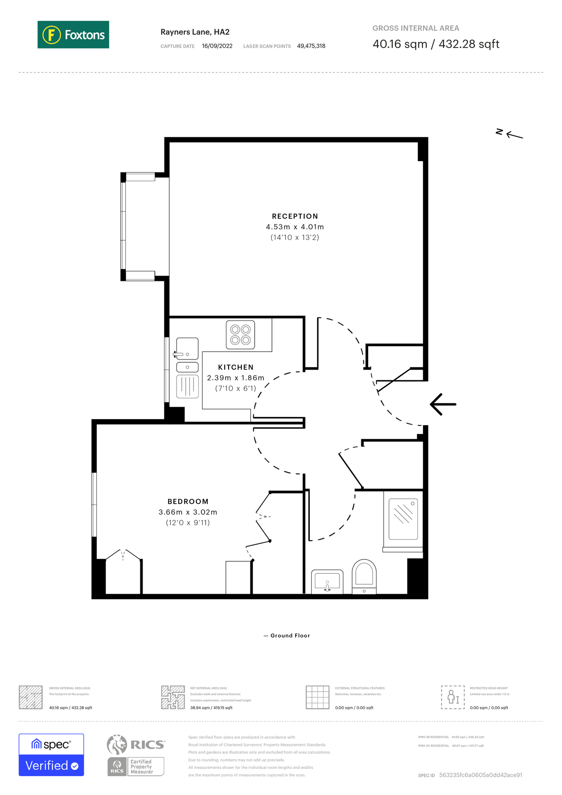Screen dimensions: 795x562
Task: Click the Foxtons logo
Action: pyautogui.click(x=73, y=34)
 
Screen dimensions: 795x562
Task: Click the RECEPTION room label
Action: pyautogui.click(x=294, y=216)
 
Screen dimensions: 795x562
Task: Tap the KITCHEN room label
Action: pyautogui.click(x=236, y=367)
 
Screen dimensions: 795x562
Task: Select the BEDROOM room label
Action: pyautogui.click(x=188, y=501)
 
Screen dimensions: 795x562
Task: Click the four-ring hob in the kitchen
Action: pyautogui.click(x=240, y=335)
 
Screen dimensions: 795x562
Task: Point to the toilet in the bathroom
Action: pyautogui.click(x=364, y=576)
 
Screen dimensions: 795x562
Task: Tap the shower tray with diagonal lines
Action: pyautogui.click(x=403, y=519)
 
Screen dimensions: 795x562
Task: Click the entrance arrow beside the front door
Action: pyautogui.click(x=443, y=404)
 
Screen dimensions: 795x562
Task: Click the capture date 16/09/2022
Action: pyautogui.click(x=217, y=46)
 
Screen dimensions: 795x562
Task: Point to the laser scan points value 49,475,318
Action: pyautogui.click(x=311, y=46)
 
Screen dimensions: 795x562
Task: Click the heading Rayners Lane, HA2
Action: pyautogui.click(x=195, y=32)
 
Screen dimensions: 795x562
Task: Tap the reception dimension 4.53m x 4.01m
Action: pyautogui.click(x=294, y=227)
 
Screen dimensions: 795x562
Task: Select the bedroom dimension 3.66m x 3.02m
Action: pyautogui.click(x=188, y=512)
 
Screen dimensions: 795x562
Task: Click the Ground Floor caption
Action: pyautogui.click(x=290, y=636)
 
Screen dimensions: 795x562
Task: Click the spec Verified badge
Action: pyautogui.click(x=51, y=755)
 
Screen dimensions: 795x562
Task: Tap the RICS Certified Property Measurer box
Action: pyautogui.click(x=136, y=766)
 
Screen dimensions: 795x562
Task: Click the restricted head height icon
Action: pyautogui.click(x=453, y=697)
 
